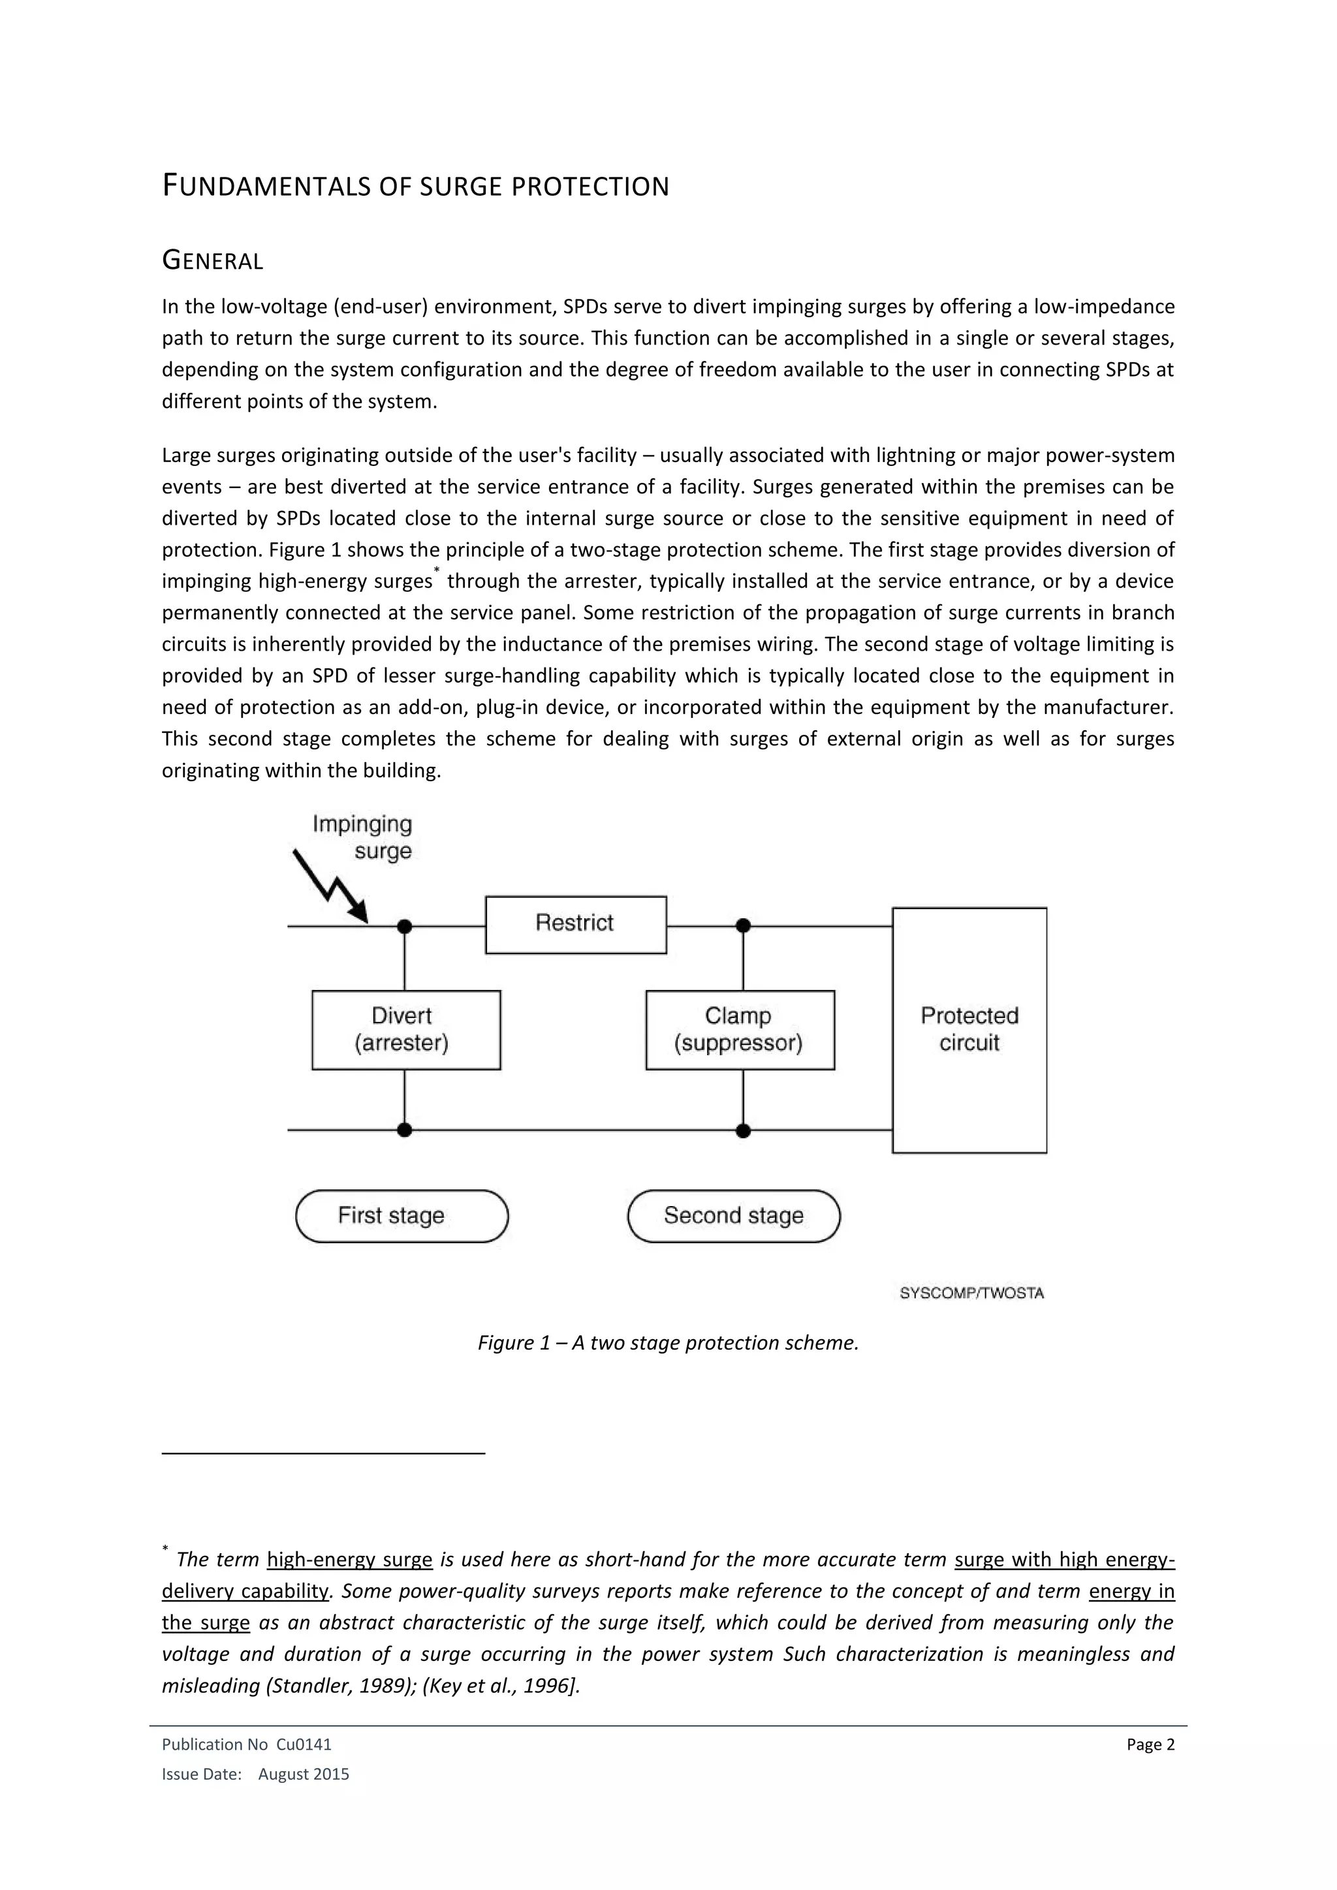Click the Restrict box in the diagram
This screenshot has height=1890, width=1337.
point(575,924)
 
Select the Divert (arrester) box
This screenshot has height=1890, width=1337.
point(406,1030)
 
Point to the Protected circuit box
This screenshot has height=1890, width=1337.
point(969,1030)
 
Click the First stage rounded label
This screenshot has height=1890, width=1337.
point(401,1216)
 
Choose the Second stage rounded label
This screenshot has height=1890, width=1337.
point(734,1216)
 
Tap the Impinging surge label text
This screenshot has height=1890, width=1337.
point(363,837)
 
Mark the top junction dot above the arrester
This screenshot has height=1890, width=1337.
point(404,927)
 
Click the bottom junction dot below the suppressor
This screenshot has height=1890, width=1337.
point(744,1130)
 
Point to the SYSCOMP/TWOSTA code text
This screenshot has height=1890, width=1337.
point(971,1294)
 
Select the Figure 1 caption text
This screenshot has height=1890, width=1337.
point(668,1342)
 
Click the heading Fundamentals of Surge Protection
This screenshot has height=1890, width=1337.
point(416,187)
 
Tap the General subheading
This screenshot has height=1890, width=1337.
point(212,261)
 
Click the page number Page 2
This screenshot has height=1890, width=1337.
point(1150,1744)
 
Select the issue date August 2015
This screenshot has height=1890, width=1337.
point(304,1774)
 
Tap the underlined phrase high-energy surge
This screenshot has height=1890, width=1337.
point(350,1560)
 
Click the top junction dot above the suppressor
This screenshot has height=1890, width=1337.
point(744,926)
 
